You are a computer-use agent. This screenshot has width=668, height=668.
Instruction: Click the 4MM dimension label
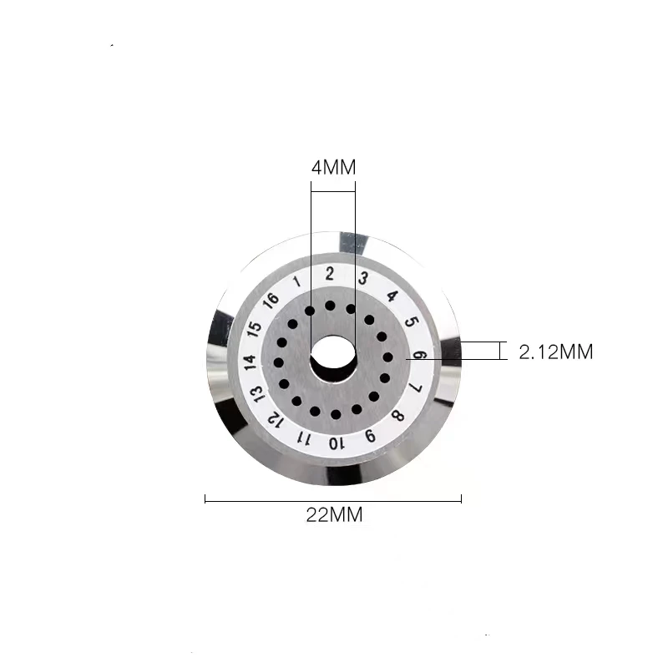pos(333,167)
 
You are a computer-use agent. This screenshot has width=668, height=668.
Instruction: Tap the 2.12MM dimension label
pos(555,352)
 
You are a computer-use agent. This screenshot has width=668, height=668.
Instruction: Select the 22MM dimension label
pos(333,515)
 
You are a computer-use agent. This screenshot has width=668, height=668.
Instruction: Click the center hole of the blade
pos(333,357)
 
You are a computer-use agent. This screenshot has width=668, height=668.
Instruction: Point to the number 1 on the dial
pos(298,281)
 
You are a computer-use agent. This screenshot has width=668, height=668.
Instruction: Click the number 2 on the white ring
pos(330,273)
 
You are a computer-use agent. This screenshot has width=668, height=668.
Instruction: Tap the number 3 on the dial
pos(362,279)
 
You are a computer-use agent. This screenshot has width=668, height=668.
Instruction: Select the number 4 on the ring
pos(392,296)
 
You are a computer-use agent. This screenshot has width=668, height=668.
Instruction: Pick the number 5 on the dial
pos(411,322)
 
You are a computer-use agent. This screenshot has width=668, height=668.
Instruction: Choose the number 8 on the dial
pos(399,416)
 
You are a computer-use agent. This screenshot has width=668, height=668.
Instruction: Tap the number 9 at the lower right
pos(371,435)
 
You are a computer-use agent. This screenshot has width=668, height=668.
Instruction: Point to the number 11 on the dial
pos(304,438)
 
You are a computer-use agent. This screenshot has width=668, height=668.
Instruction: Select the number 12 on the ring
pos(272,418)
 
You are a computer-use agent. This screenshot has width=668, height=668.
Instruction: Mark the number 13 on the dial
pos(256,392)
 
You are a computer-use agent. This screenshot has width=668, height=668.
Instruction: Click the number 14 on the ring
pos(250,361)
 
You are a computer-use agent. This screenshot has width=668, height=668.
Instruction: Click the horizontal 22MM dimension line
pos(333,500)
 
